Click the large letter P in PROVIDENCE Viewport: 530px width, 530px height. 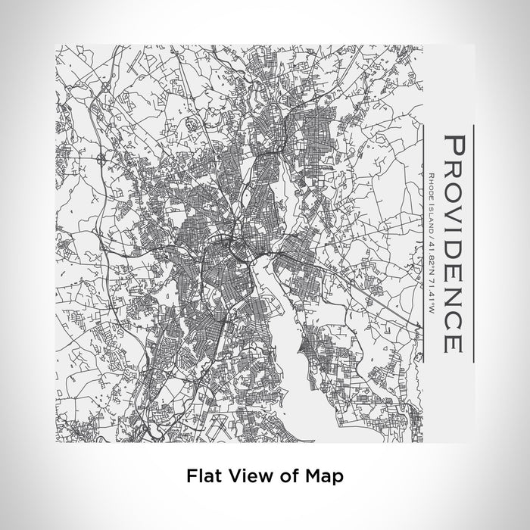452,144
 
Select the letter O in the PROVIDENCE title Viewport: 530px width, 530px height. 452,192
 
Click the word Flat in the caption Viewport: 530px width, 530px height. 201,477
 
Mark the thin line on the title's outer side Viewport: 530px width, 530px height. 473,242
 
